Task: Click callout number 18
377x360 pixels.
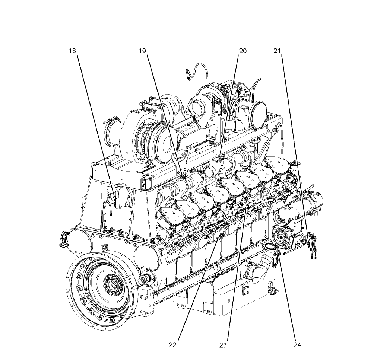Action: [72, 51]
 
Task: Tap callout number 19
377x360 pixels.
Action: [142, 51]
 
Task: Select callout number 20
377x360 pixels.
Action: [243, 51]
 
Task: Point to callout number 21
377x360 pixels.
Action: [277, 51]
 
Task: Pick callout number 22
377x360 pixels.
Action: [172, 345]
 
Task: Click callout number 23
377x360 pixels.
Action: [223, 345]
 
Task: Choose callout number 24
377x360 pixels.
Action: [297, 345]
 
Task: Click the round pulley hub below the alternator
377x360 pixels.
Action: [281, 237]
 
